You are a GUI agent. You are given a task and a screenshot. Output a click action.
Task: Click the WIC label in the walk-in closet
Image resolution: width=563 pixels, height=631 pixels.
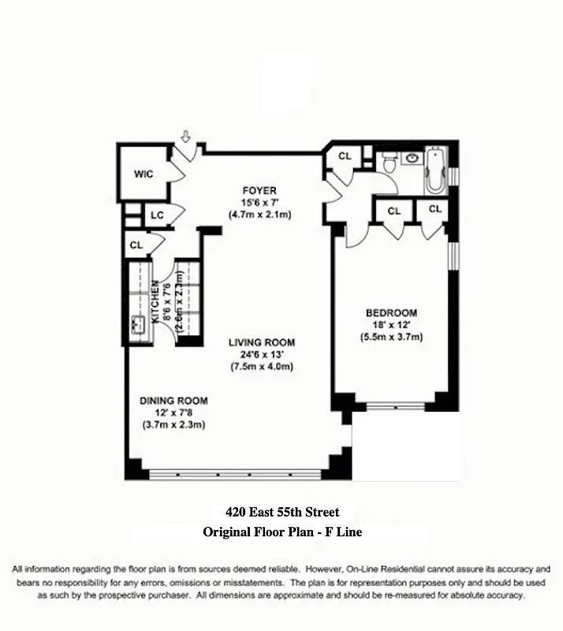click(143, 174)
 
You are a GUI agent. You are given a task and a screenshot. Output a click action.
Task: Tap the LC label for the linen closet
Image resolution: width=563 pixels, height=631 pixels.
click(157, 215)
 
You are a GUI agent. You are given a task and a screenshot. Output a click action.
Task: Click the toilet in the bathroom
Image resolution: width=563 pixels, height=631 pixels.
click(388, 164)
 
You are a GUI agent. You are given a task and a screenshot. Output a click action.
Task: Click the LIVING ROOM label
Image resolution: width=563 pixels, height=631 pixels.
click(262, 342)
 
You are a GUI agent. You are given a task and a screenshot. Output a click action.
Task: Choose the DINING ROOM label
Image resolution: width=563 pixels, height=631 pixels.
click(173, 400)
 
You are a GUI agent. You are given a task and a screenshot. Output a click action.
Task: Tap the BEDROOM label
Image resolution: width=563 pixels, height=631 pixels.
click(391, 312)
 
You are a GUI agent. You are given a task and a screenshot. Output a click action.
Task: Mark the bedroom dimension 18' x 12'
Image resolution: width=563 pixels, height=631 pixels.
click(391, 325)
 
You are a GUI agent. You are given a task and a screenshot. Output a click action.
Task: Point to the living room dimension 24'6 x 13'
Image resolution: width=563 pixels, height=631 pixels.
click(262, 354)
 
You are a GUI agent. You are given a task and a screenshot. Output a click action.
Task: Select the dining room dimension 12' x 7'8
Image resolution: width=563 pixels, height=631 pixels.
click(173, 413)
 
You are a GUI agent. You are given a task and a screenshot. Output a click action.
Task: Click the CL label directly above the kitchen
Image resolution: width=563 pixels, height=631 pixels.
click(136, 246)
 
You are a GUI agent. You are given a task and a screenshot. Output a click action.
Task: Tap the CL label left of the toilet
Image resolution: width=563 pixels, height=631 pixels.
click(345, 156)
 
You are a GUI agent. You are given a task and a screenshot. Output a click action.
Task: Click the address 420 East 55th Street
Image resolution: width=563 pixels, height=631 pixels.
click(281, 513)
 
